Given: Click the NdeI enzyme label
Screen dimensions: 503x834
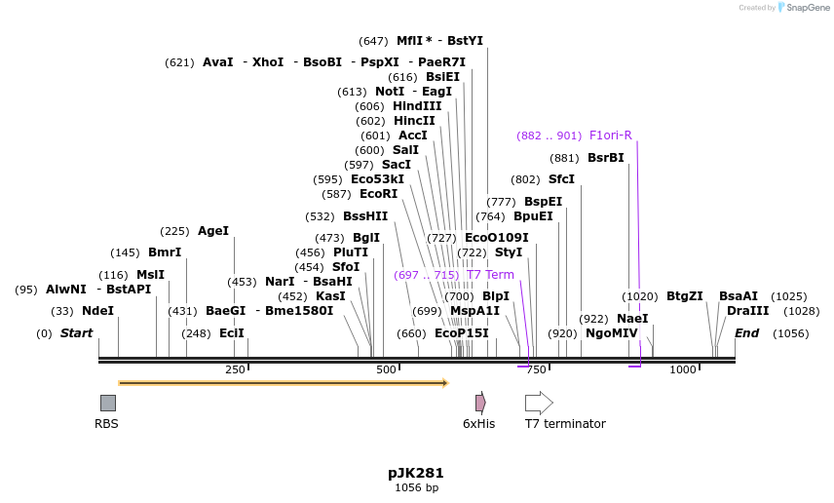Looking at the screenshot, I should tap(97, 311).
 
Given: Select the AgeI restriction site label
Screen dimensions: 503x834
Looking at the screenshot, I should tap(213, 231).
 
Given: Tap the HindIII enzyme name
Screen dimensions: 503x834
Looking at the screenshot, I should tap(417, 106).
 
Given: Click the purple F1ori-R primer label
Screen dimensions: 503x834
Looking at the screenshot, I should tap(610, 135).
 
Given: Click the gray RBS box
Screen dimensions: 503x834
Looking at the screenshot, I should tap(108, 403).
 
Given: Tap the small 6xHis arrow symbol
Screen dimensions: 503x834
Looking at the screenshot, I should tap(480, 403).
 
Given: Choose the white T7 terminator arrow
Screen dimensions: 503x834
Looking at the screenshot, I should tap(539, 403).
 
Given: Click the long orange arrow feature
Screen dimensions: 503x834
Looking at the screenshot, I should tap(283, 383).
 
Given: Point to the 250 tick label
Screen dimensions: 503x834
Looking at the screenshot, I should tap(235, 370).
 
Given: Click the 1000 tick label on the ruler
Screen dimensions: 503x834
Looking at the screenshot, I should tap(683, 370).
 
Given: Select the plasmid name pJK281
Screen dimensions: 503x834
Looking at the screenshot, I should tap(416, 473).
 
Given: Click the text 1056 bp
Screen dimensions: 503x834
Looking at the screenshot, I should tap(416, 487).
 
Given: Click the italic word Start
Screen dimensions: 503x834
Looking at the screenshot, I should tap(76, 333).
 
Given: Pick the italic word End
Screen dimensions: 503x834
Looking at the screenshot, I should tap(746, 333).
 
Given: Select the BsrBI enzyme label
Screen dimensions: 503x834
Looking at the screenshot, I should tap(605, 158).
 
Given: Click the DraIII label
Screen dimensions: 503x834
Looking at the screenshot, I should tap(747, 311).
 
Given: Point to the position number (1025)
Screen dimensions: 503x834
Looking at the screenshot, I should tap(789, 296).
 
